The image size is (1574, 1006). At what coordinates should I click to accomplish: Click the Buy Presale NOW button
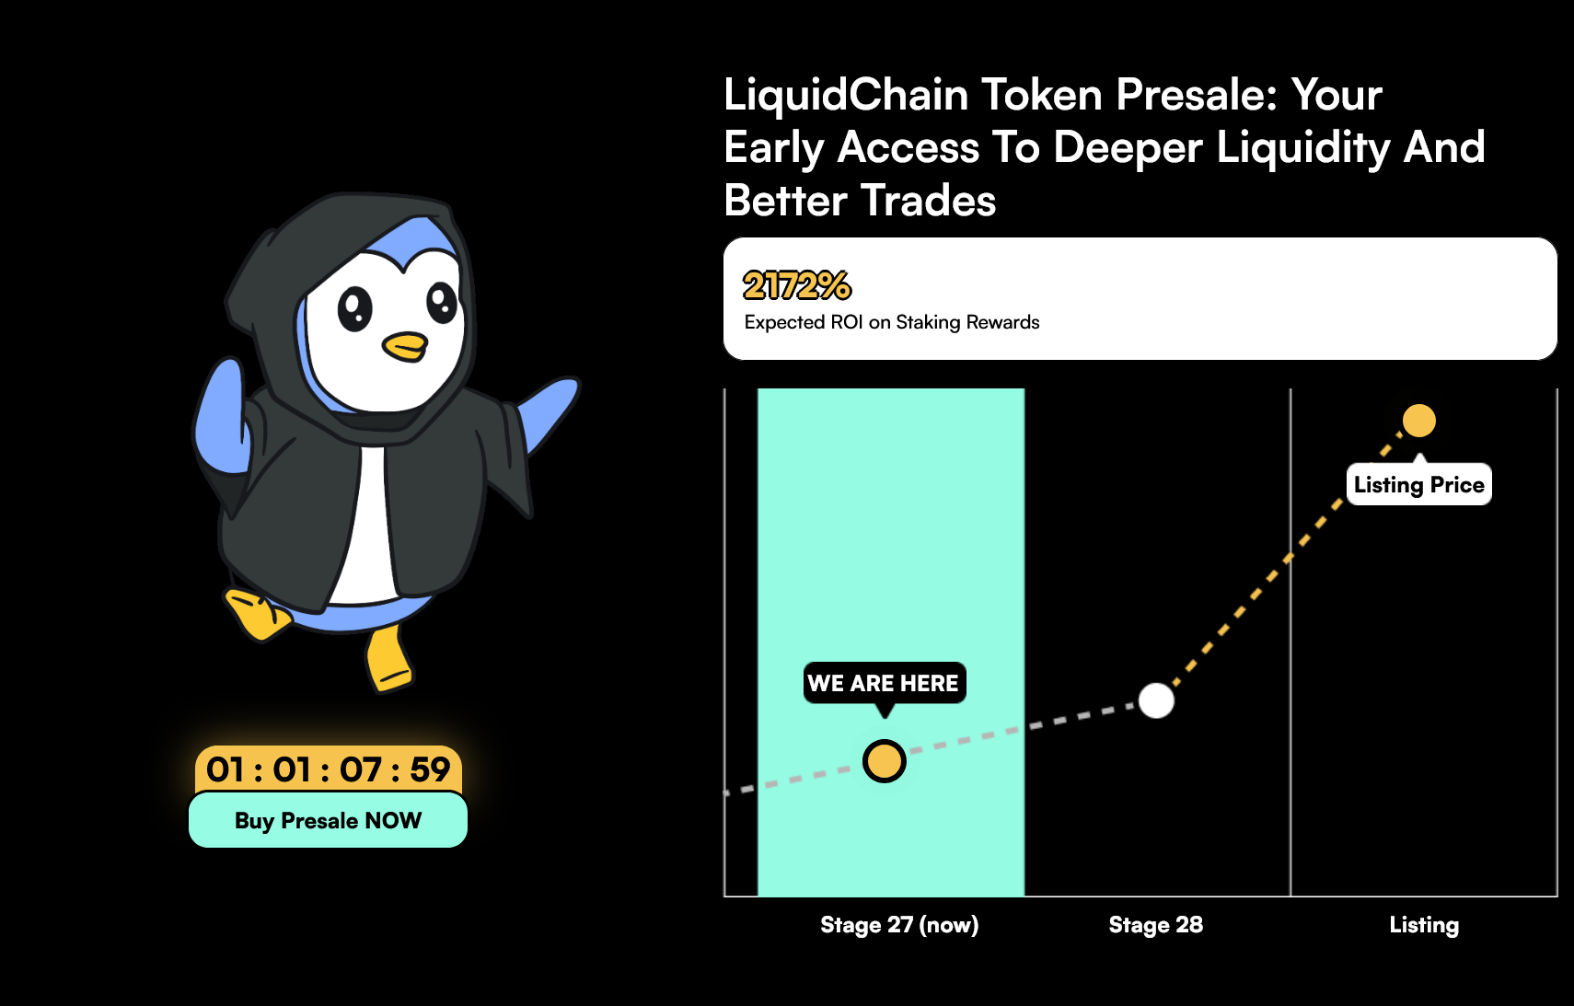[x=329, y=820]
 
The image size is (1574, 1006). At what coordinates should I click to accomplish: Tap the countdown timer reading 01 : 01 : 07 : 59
[x=329, y=769]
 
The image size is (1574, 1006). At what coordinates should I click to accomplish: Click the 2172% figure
[x=797, y=285]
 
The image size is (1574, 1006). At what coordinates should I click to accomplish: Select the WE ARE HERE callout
[x=884, y=683]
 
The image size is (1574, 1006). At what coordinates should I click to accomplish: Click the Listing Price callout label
[x=1418, y=485]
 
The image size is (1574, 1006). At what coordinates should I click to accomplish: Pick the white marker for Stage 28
[x=1156, y=700]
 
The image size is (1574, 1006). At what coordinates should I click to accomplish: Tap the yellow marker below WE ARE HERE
[x=884, y=761]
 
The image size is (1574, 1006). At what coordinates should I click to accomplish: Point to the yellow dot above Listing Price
[x=1418, y=421]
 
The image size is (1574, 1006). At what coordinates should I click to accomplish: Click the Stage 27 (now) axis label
[x=899, y=924]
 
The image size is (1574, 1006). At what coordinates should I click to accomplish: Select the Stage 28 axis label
[x=1156, y=924]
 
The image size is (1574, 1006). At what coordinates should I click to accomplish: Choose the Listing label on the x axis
[x=1424, y=924]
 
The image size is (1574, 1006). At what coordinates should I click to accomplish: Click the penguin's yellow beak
[x=405, y=346]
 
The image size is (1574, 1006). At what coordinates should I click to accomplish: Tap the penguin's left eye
[x=355, y=308]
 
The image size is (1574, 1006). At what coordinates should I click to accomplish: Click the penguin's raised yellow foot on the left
[x=257, y=614]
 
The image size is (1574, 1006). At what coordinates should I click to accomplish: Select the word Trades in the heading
[x=928, y=201]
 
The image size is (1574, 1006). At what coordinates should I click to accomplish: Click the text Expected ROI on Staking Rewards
[x=892, y=322]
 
